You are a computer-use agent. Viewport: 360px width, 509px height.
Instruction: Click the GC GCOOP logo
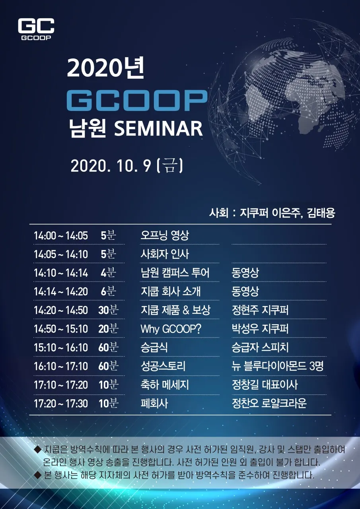[36, 29]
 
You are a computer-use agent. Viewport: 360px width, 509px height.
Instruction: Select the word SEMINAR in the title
[158, 128]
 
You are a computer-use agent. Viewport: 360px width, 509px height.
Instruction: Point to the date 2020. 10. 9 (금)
[127, 166]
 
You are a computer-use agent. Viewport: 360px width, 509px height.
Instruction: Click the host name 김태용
[321, 213]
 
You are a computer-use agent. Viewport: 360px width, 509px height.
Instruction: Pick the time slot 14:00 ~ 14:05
[61, 236]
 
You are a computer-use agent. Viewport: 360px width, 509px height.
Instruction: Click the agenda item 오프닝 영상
[165, 235]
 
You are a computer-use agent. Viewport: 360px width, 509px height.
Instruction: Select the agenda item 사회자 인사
[165, 254]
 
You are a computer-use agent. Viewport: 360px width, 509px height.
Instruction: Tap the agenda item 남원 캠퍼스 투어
[175, 273]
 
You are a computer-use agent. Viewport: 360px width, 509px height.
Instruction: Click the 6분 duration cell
[108, 291]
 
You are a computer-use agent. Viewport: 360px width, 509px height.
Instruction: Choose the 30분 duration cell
[108, 310]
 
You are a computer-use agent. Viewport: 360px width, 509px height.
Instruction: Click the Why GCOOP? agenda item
[171, 329]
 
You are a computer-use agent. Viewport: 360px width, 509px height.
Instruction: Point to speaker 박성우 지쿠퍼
[260, 328]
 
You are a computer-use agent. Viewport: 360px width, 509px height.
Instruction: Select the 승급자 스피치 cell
[260, 347]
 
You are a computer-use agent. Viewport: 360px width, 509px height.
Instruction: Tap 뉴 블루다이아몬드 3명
[278, 366]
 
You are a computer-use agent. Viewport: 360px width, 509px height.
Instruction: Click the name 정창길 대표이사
[265, 385]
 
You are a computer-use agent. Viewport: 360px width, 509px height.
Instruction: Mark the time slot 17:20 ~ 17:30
[61, 404]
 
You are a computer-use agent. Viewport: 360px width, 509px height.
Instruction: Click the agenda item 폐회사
[154, 403]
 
